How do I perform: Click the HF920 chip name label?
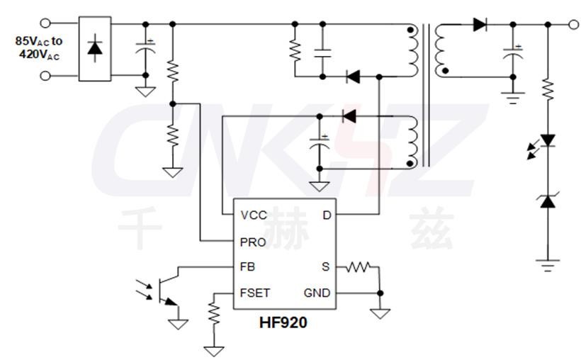click(x=283, y=323)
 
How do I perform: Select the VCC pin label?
click(x=254, y=215)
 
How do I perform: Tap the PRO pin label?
click(x=254, y=242)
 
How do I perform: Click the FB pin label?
click(x=248, y=267)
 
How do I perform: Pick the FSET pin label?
click(x=255, y=293)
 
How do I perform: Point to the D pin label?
click(x=327, y=215)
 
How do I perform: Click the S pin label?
click(x=326, y=267)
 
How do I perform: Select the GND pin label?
click(x=317, y=293)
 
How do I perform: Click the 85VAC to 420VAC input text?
click(x=39, y=47)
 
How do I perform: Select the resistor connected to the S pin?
click(x=359, y=267)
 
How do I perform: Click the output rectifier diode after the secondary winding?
click(x=480, y=25)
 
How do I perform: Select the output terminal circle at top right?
click(x=574, y=25)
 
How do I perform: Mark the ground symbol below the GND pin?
click(x=380, y=312)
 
